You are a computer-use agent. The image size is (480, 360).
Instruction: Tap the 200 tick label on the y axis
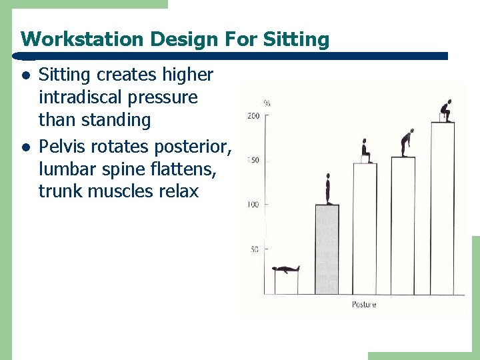253,116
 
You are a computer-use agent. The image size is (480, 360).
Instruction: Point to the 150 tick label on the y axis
253,161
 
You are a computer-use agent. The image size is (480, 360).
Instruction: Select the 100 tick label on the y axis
253,205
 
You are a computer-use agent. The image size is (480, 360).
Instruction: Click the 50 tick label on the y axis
255,249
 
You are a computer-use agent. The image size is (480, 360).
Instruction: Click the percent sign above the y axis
267,103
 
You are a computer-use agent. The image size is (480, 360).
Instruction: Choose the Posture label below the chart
364,305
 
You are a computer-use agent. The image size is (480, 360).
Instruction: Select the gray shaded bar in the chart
327,249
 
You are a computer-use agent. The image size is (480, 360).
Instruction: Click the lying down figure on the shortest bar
286,269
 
